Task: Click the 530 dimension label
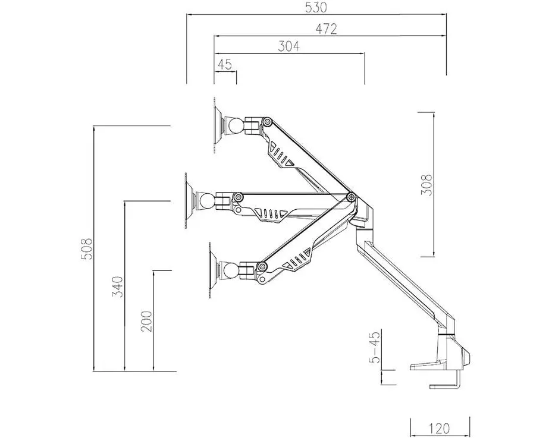(x=316, y=7)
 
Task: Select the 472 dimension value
(x=326, y=29)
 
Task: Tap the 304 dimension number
(x=288, y=46)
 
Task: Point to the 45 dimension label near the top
(x=225, y=64)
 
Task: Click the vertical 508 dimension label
(x=87, y=249)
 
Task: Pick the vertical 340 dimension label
(x=118, y=287)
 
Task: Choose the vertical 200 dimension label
(x=146, y=322)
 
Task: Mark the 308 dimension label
(x=426, y=185)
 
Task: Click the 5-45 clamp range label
(x=375, y=346)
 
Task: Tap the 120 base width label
(x=440, y=429)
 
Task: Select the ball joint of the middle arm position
(x=206, y=201)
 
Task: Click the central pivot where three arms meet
(x=350, y=197)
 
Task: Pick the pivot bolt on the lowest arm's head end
(x=262, y=266)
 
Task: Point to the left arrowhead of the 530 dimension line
(x=189, y=14)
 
